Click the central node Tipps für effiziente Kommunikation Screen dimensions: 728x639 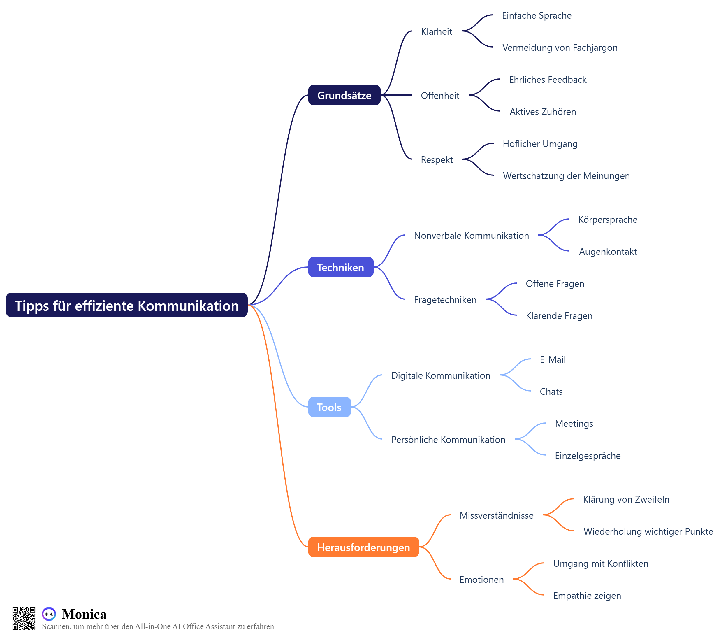tap(126, 305)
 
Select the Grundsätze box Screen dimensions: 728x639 tap(344, 95)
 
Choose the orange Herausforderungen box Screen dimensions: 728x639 tap(363, 547)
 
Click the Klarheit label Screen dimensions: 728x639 tap(436, 31)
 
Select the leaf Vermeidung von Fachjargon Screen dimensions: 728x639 tap(560, 48)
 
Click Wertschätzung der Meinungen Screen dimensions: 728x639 tap(566, 176)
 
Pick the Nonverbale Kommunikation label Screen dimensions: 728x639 tap(471, 236)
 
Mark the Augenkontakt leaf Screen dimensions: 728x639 tap(608, 252)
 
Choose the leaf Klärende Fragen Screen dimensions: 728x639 tap(559, 316)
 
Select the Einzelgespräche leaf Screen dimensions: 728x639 tap(588, 456)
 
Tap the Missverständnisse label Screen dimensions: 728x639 tap(497, 515)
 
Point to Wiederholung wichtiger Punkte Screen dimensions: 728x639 tap(648, 531)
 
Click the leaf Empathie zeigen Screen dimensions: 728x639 tap(587, 596)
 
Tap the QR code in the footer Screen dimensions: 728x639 tap(24, 619)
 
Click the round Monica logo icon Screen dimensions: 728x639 tap(49, 614)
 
